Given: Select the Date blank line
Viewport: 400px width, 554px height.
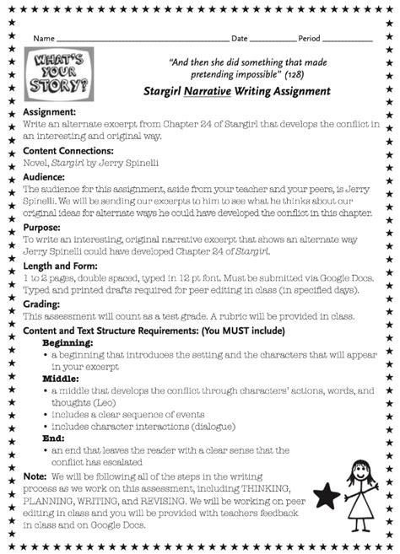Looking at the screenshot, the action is tap(273, 40).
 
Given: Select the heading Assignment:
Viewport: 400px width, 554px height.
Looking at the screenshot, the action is tap(50, 112).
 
